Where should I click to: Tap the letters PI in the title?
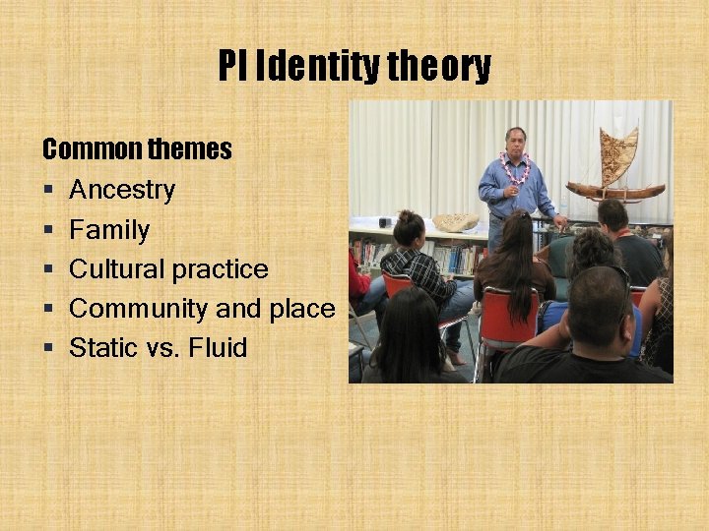(x=232, y=67)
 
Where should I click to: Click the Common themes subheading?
(x=137, y=149)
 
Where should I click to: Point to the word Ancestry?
(x=122, y=190)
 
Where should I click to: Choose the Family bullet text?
(x=109, y=230)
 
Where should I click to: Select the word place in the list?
(x=302, y=309)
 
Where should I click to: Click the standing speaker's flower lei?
(x=514, y=169)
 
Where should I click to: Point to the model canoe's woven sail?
(x=617, y=154)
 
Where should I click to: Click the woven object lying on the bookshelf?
(x=456, y=222)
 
